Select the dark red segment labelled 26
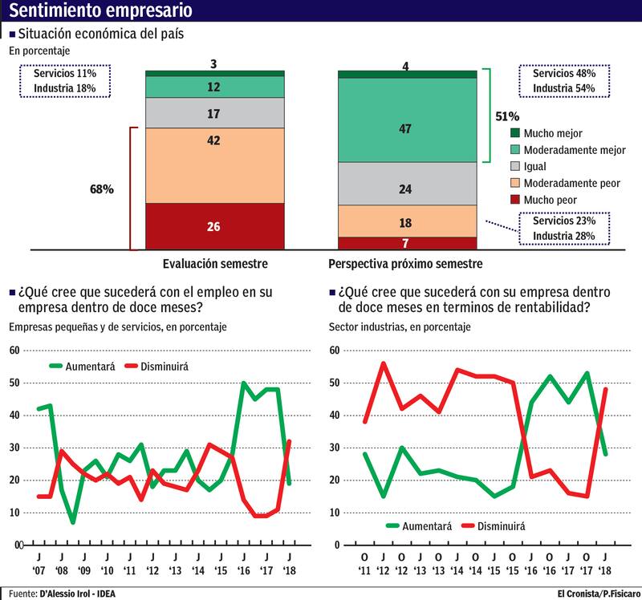pyautogui.click(x=214, y=226)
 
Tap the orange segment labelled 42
pyautogui.click(x=214, y=165)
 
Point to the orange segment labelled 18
pyautogui.click(x=407, y=221)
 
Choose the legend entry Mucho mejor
pyautogui.click(x=546, y=133)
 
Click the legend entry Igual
pyautogui.click(x=536, y=166)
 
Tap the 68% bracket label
pyautogui.click(x=101, y=190)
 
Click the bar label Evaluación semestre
pyautogui.click(x=215, y=263)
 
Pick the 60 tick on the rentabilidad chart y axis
pyautogui.click(x=334, y=351)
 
